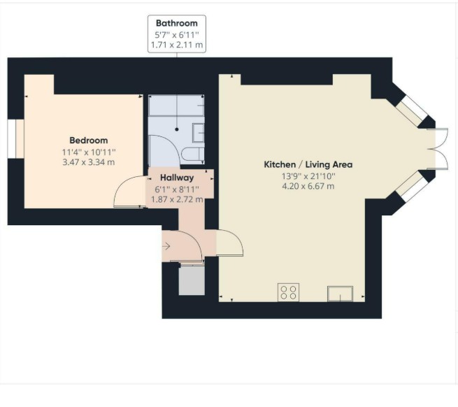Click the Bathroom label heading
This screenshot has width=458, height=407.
coord(177,23)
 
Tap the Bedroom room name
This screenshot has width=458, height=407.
coord(89,141)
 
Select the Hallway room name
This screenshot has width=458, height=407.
coord(177,178)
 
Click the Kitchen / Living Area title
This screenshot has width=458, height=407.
coord(308,164)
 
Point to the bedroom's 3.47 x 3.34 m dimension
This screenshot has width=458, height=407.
coord(89,162)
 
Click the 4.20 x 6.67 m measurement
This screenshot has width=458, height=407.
coord(308,186)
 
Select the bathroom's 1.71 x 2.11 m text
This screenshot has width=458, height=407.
coord(177,45)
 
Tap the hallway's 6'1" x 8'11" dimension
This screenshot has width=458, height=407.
coord(177,190)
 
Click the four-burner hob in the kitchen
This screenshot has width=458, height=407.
coord(288,292)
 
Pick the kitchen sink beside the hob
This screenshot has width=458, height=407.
coord(340,294)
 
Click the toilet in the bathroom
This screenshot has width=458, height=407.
coord(192,155)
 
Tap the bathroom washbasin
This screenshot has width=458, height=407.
coord(199,133)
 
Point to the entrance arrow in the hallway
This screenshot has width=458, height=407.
coord(166,246)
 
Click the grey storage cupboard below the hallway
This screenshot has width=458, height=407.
coord(192,280)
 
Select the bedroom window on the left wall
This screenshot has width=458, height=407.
coord(16,139)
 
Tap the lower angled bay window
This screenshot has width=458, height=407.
coord(412,186)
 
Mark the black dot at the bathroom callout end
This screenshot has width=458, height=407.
coord(177,129)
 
